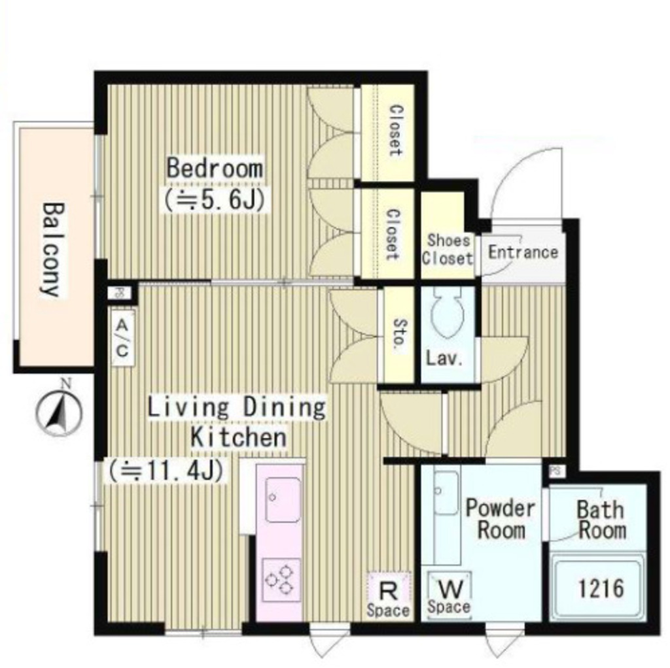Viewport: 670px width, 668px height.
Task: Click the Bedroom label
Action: click(x=215, y=168)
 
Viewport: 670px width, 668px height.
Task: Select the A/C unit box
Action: click(x=122, y=339)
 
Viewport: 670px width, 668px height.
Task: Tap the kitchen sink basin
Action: click(x=283, y=500)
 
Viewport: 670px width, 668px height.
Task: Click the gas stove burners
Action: click(x=281, y=580)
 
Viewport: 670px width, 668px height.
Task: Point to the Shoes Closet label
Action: click(x=448, y=249)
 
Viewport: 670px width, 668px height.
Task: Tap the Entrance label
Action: click(x=523, y=252)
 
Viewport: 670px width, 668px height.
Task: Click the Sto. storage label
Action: click(x=398, y=333)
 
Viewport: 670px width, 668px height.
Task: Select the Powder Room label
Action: click(x=501, y=519)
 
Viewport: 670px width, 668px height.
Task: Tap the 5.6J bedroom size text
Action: click(x=215, y=199)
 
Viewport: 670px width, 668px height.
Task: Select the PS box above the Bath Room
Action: click(x=556, y=471)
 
